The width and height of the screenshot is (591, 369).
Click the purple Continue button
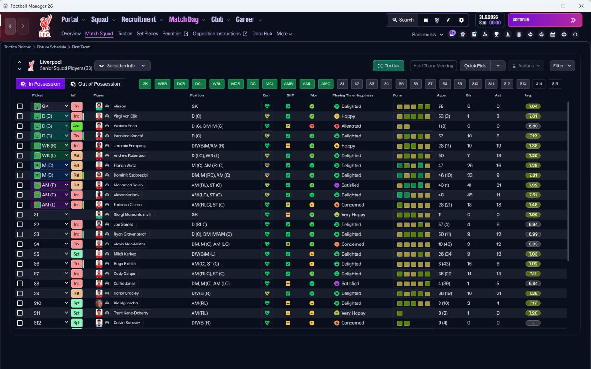coord(545,20)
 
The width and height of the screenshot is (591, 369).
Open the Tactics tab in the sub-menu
coord(125,34)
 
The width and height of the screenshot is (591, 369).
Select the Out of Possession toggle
coord(95,84)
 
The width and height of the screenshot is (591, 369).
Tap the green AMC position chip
coord(326,84)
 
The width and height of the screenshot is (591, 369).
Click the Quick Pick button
coord(475,66)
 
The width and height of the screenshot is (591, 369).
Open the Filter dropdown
coord(562,66)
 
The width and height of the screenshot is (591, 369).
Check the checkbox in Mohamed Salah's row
coord(20,185)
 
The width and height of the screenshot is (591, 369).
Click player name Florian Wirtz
coord(125,166)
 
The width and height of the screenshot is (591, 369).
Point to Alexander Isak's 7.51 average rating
coord(533,195)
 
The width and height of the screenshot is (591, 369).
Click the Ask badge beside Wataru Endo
coord(77,126)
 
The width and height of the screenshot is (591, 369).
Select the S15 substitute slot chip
coord(555,84)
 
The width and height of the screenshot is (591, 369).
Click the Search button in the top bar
coord(403,20)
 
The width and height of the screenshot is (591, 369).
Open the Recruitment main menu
coord(139,19)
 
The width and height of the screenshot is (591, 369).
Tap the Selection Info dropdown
coord(122,66)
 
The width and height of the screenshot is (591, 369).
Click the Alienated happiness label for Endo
coord(351,126)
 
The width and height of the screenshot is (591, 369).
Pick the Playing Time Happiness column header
coord(353,95)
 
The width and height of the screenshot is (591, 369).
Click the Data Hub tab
coord(262,34)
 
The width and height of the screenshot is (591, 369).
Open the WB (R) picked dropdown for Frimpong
coord(50,146)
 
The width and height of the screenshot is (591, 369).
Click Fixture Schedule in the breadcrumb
coord(51,47)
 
